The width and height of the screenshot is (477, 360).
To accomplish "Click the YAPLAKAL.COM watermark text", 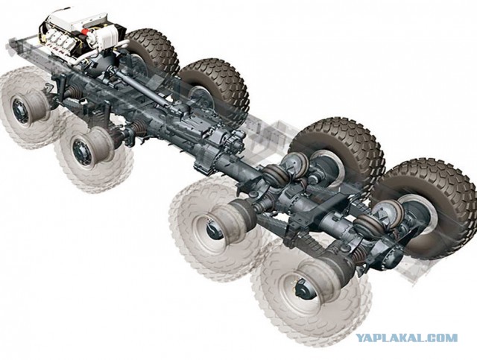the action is (x=407, y=338).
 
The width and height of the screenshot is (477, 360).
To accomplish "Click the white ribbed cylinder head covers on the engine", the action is (x=57, y=39).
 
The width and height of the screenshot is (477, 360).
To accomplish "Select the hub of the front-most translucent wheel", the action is (x=20, y=110).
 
